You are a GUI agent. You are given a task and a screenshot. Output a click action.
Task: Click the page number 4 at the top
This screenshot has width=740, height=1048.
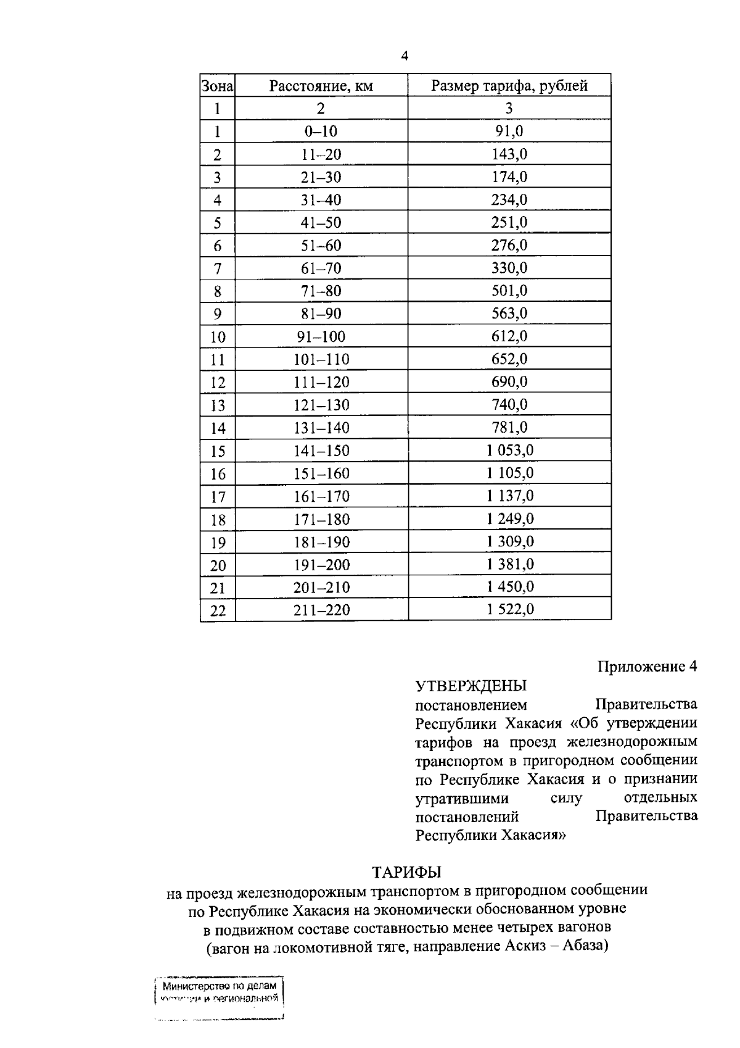coord(405,56)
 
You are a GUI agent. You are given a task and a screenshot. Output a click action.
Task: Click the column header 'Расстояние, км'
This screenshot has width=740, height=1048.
coord(321,86)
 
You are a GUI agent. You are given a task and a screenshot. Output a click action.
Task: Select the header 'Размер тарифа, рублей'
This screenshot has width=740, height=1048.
coord(509,86)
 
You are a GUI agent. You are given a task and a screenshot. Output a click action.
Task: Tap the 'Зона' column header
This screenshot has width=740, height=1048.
coord(217,86)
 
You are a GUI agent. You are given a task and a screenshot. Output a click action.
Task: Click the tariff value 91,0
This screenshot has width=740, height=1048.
coord(509,131)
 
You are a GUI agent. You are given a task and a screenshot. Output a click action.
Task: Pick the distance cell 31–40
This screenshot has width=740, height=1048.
coord(321,200)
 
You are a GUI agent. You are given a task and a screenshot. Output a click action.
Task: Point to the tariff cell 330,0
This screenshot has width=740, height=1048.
coord(509,268)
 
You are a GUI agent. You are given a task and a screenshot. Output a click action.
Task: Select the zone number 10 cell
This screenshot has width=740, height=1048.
coord(217,337)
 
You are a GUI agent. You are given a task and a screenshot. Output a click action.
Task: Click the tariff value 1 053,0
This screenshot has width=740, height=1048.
coord(509,451)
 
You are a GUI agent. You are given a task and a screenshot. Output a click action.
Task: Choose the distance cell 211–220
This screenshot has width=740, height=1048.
coord(321,610)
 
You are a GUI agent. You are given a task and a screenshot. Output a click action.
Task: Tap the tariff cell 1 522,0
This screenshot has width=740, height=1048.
coord(509,610)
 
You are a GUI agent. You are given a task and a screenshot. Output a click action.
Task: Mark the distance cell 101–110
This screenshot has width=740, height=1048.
coord(321,359)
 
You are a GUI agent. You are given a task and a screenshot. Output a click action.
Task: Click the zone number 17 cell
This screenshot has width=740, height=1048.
coord(217,497)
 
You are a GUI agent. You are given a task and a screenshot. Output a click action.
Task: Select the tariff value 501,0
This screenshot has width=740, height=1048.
coord(509,291)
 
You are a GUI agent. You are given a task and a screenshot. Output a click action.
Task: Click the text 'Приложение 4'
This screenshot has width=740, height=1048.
coord(647,667)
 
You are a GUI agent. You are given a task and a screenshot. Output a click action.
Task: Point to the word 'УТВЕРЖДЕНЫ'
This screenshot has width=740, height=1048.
coord(471,686)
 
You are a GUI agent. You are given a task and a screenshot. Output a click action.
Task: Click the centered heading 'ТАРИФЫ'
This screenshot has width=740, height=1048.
coord(407,872)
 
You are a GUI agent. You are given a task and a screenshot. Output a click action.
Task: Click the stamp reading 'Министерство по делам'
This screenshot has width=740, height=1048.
coord(219,986)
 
